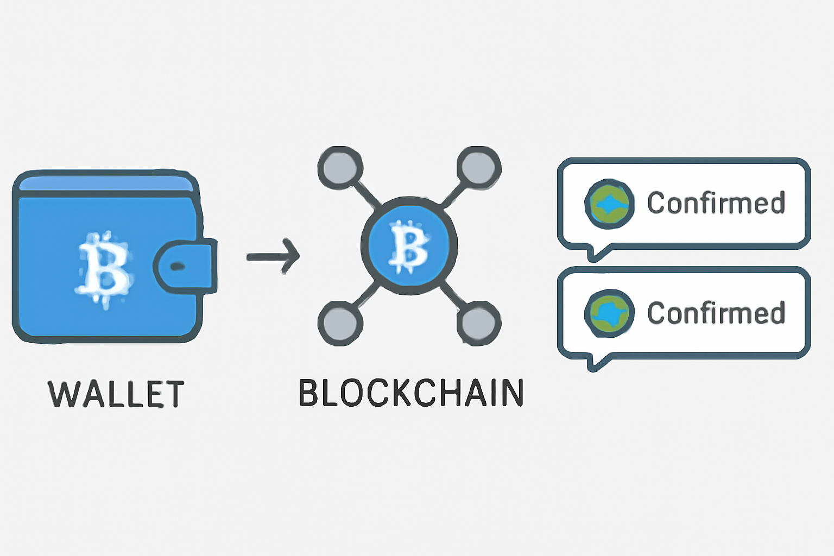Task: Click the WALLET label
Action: tap(116, 394)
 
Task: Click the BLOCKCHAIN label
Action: tap(411, 393)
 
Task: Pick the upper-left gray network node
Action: tap(340, 167)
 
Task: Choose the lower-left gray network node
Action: tap(340, 324)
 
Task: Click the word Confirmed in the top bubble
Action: tap(716, 203)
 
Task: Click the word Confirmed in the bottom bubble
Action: tap(716, 313)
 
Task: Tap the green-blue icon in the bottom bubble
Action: tap(609, 313)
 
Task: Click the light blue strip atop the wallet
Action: tap(106, 185)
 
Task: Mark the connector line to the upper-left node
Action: tap(367, 195)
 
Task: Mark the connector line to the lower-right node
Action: tap(452, 296)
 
